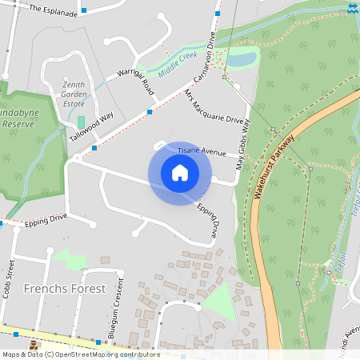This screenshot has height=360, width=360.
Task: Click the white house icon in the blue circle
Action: [180, 173]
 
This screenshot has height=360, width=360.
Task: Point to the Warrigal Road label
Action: [135, 82]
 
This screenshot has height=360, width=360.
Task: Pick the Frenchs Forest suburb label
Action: [65, 288]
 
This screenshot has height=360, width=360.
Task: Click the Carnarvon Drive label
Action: [204, 55]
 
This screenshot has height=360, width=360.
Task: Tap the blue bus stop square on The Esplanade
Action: [84, 11]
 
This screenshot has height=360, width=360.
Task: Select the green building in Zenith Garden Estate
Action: [80, 122]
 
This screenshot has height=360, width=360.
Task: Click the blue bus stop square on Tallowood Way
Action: [95, 147]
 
